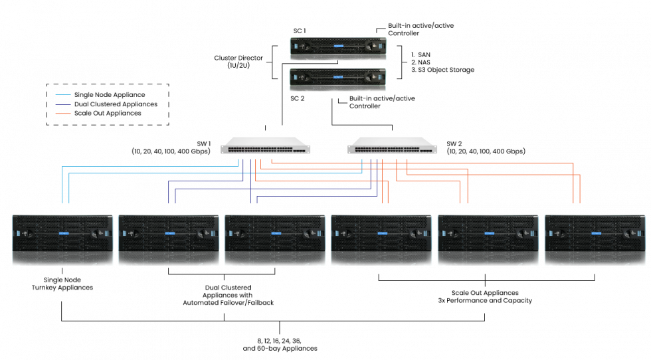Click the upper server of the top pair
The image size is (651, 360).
click(338, 48)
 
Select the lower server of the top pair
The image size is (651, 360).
click(337, 80)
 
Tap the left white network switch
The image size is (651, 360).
click(266, 145)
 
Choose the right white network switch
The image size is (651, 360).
click(393, 145)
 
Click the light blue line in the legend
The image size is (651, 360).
click(63, 95)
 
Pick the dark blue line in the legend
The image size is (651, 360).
click(63, 104)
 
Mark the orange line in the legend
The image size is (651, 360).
click(63, 114)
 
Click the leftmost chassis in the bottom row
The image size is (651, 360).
click(62, 240)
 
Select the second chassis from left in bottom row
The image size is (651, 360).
click(169, 240)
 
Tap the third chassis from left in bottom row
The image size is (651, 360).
click(275, 240)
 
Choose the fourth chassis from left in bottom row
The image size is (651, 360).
click(381, 240)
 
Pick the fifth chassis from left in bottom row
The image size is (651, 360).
click(488, 240)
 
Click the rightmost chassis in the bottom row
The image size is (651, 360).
click(595, 240)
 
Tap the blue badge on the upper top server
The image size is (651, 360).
click(339, 46)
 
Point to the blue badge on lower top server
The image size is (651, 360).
click(338, 77)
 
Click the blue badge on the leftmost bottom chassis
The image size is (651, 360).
click(64, 233)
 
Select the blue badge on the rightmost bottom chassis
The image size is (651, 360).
click(596, 233)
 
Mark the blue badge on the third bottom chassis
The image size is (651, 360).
click(276, 233)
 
